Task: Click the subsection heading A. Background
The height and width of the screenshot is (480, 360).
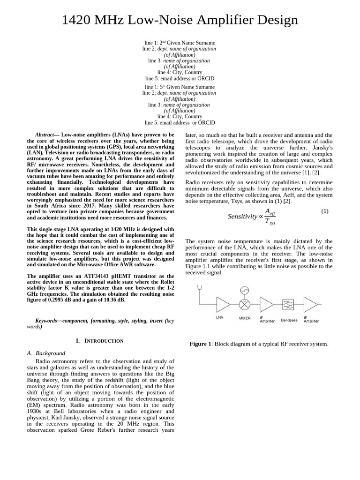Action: click(46, 353)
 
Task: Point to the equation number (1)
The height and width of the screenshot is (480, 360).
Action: click(325, 211)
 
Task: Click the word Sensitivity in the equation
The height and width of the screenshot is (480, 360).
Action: click(242, 217)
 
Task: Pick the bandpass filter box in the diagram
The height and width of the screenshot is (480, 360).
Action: click(288, 304)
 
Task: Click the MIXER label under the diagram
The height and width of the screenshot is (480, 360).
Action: click(245, 318)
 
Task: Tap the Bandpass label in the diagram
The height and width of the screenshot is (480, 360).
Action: click(289, 321)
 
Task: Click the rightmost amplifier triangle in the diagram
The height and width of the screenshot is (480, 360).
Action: click(310, 304)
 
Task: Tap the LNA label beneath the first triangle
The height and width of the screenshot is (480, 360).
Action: click(219, 317)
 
